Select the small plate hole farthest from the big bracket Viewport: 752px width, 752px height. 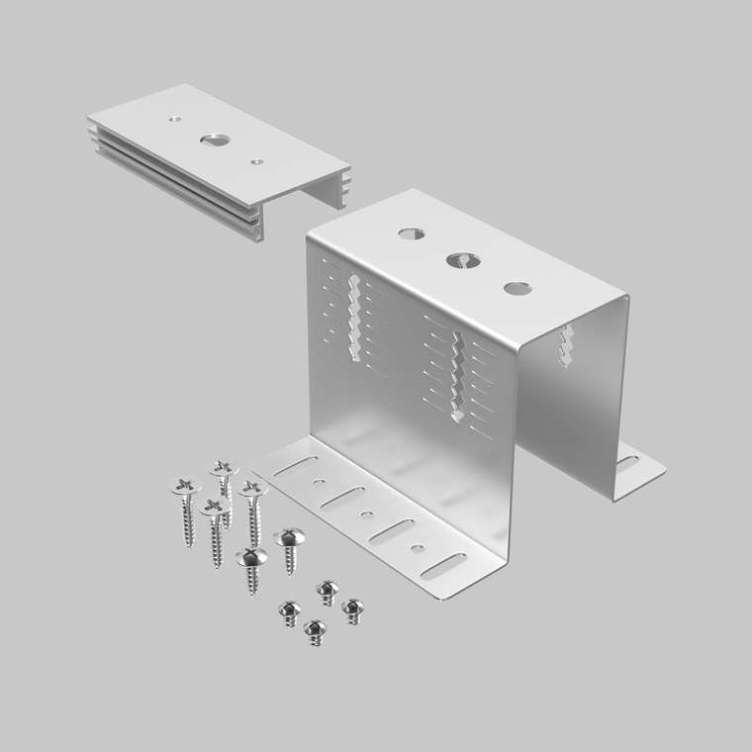(x=175, y=118)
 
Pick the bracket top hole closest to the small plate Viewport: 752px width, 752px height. (x=412, y=235)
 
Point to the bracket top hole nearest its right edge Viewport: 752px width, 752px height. (x=517, y=288)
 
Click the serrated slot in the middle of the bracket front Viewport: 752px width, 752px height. (x=457, y=376)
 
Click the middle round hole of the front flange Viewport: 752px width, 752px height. (x=368, y=515)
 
